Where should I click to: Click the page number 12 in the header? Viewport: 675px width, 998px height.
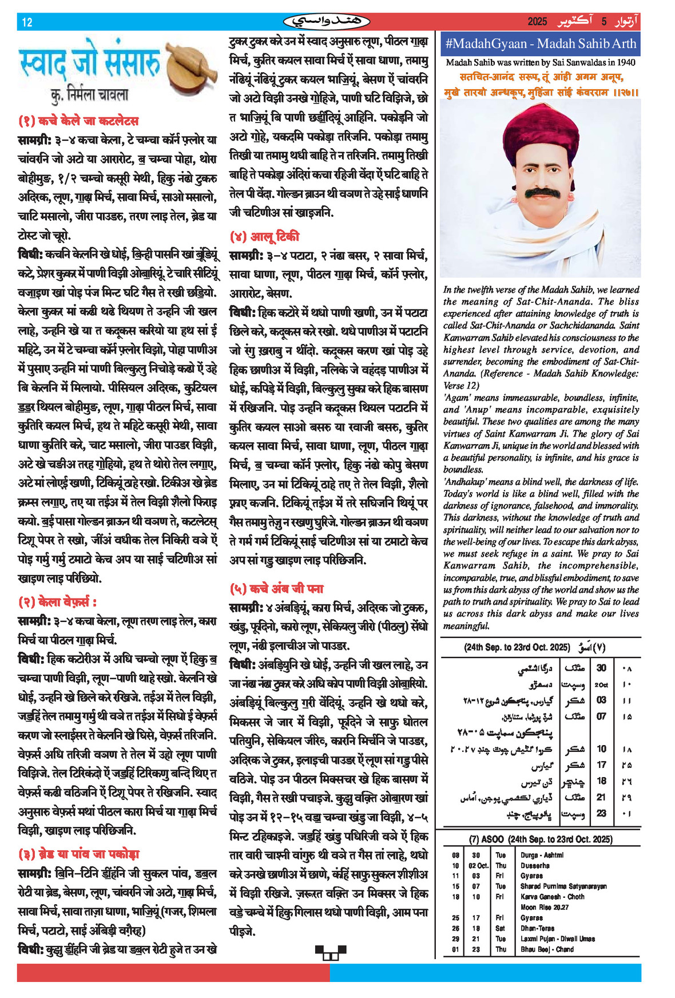[27, 22]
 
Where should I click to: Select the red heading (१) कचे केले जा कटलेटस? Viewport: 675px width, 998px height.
[78, 121]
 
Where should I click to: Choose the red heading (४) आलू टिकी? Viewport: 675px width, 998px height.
[264, 237]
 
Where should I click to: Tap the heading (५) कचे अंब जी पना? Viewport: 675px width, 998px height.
[276, 589]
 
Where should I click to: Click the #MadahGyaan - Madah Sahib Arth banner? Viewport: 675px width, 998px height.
[540, 43]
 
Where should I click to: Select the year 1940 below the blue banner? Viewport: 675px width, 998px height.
[626, 62]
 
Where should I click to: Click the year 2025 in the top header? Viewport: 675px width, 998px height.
[537, 22]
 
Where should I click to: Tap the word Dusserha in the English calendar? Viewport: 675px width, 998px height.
[535, 866]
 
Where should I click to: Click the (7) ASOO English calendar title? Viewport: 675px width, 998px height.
[541, 839]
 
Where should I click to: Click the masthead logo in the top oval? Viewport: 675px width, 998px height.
[327, 22]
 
